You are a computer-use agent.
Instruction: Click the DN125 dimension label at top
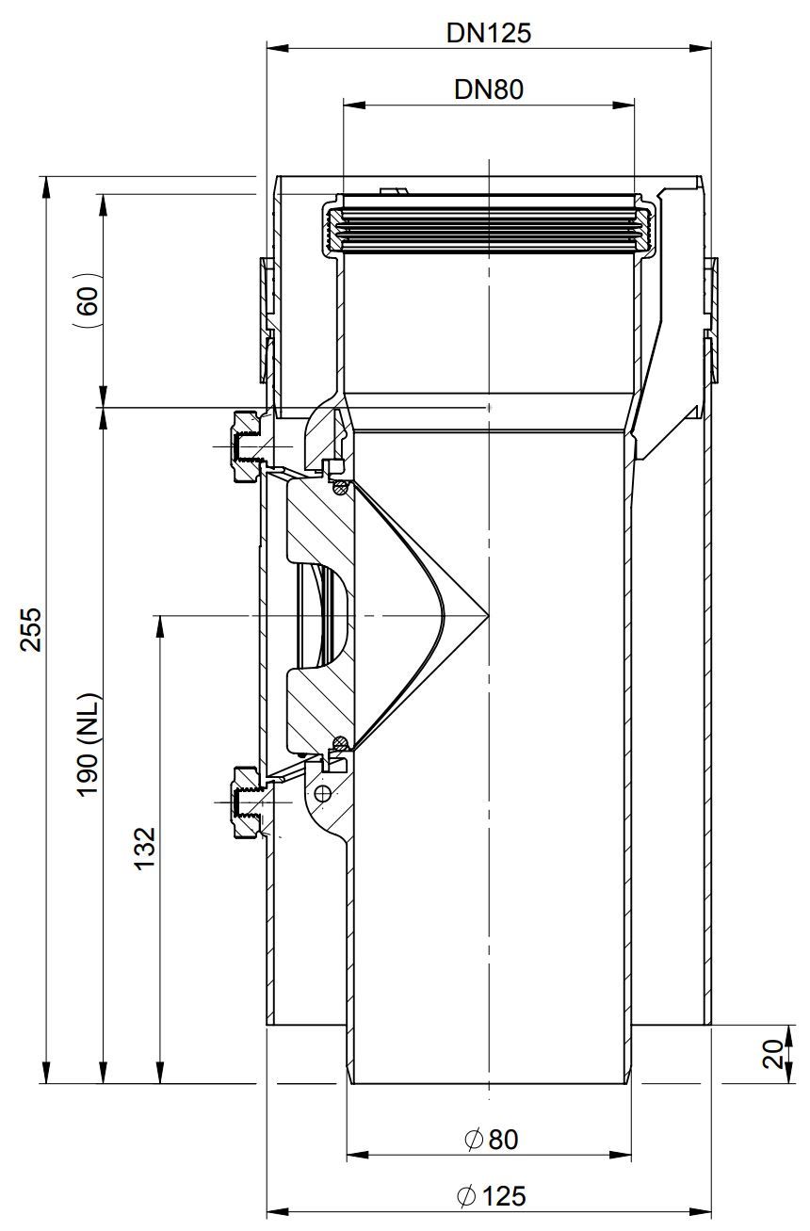489,33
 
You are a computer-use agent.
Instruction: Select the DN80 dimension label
489,89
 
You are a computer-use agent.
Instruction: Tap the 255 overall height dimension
31,629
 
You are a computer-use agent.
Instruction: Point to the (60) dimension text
88,300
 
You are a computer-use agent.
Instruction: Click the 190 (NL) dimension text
89,744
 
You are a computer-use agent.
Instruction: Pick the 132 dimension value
145,849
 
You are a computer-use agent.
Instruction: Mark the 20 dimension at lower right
773,1054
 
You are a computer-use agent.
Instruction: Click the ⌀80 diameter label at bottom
491,1140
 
